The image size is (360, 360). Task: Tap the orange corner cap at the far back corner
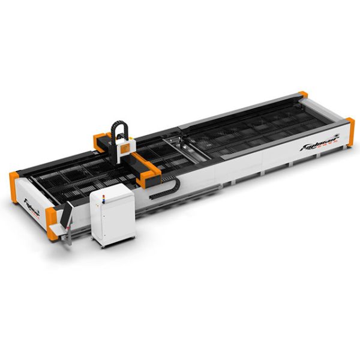point(303,94)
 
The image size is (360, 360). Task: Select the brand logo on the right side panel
point(320,143)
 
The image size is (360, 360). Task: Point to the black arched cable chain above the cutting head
point(119,128)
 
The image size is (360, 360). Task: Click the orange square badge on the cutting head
point(126,144)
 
